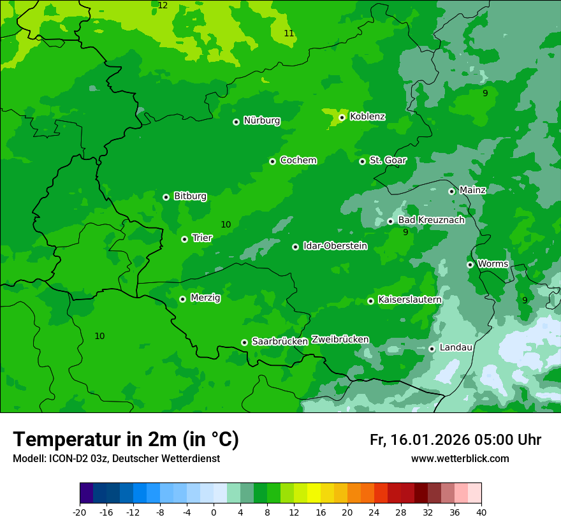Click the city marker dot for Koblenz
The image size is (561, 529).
342,117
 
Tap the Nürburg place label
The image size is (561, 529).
261,120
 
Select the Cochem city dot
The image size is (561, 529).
272,161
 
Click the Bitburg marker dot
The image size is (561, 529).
166,197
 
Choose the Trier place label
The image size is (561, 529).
202,238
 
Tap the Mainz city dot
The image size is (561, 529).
451,191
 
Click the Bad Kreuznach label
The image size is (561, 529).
431,221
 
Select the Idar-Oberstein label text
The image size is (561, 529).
335,246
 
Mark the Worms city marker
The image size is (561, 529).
470,264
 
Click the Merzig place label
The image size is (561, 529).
205,298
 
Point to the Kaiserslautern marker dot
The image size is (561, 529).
370,301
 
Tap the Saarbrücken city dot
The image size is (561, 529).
244,342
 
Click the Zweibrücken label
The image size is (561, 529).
340,340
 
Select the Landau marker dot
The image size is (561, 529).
432,349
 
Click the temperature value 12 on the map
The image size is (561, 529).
163,6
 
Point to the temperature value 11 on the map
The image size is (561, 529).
289,34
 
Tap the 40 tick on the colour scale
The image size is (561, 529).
481,512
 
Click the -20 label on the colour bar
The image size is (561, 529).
79,512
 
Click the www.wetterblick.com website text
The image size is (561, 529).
460,459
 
